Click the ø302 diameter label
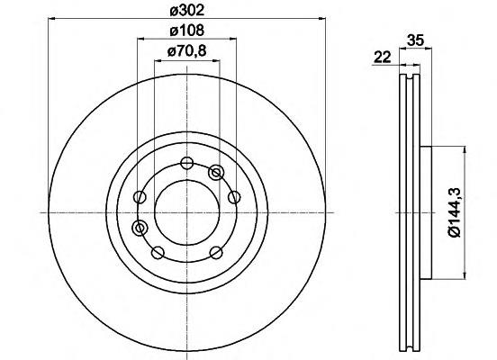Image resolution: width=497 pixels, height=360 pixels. [186, 10]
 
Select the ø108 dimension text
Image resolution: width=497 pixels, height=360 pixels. [186, 31]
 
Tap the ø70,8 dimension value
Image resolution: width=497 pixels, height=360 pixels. [186, 50]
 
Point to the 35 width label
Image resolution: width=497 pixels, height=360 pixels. [415, 40]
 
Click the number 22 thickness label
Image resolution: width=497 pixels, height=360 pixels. [383, 58]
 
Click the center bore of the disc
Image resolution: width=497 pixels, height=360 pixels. [187, 212]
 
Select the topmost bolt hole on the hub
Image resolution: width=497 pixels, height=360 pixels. [186, 163]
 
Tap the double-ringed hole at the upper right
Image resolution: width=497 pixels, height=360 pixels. [216, 173]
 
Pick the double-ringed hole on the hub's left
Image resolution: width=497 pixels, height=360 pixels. [140, 228]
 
